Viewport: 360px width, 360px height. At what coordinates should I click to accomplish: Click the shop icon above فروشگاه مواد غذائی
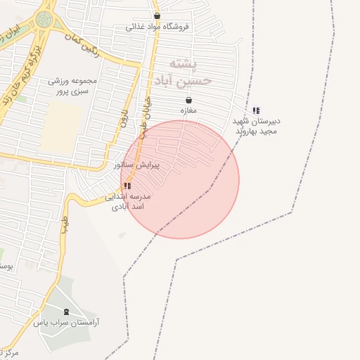[x=157, y=15]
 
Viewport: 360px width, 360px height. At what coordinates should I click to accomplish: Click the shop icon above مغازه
[x=188, y=100]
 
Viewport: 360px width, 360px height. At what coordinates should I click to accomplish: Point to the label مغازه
[x=188, y=110]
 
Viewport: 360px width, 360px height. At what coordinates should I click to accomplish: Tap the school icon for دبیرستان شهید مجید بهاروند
[x=256, y=110]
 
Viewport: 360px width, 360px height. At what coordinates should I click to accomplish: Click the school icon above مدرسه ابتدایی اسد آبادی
[x=127, y=186]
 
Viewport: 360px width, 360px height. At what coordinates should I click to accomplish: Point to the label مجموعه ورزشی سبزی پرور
[x=71, y=86]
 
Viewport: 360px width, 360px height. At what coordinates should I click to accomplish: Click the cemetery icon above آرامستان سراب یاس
[x=67, y=311]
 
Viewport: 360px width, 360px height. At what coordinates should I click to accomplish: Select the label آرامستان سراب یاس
[x=67, y=322]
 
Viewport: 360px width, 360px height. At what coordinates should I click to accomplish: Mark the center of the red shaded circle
[x=180, y=179]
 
